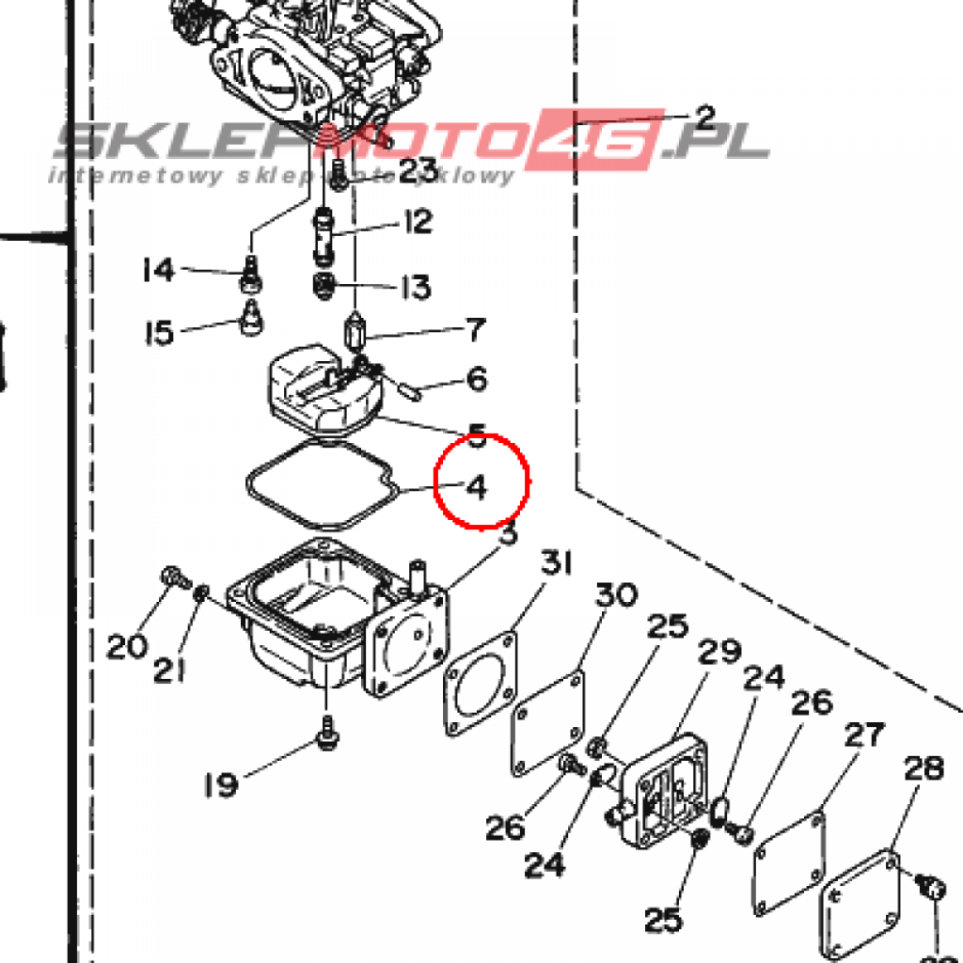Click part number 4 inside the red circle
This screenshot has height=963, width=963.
pyautogui.click(x=477, y=488)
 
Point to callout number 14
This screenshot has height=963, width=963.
pyautogui.click(x=158, y=271)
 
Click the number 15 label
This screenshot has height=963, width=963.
pyautogui.click(x=159, y=333)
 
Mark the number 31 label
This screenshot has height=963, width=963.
pyautogui.click(x=556, y=565)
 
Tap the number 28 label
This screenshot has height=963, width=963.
pyautogui.click(x=924, y=769)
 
